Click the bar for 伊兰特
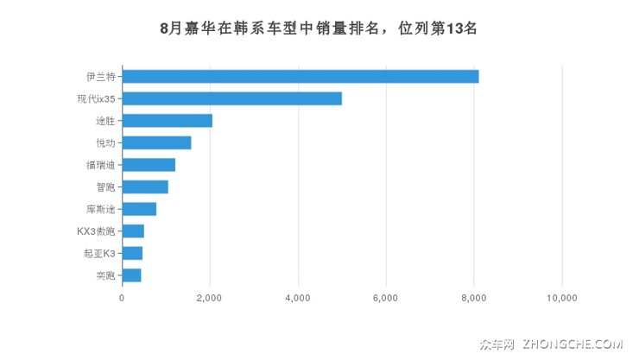pos(300,76)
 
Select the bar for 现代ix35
pos(231,98)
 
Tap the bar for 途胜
pos(167,121)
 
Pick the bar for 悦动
pos(156,142)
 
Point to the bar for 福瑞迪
pos(149,165)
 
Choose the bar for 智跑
pos(145,186)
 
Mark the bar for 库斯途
pos(139,209)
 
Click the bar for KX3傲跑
pos(133,231)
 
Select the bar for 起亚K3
pos(132,253)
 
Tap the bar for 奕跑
pos(131,275)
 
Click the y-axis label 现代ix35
pos(96,98)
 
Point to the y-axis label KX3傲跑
pos(96,231)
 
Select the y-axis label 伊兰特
pos(102,76)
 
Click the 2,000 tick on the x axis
pos(210,298)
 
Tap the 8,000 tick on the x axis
pos(474,298)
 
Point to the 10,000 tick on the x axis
pos(562,298)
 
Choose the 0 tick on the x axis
pos(122,298)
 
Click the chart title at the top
pos(319,28)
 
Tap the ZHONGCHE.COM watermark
pos(572,344)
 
